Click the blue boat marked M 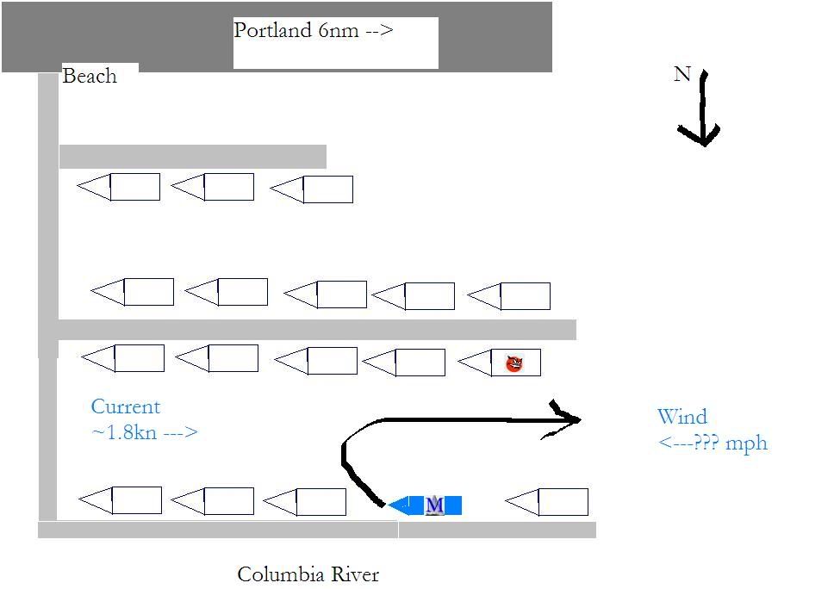pyautogui.click(x=426, y=505)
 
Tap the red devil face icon pyautogui.click(x=514, y=363)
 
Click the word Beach pyautogui.click(x=90, y=77)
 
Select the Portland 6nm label pyautogui.click(x=314, y=31)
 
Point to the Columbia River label pyautogui.click(x=308, y=574)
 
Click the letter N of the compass pyautogui.click(x=682, y=75)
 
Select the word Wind pyautogui.click(x=682, y=418)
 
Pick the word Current pyautogui.click(x=126, y=407)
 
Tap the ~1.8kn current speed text pyautogui.click(x=144, y=432)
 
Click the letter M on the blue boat pyautogui.click(x=435, y=505)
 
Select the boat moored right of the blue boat pyautogui.click(x=548, y=501)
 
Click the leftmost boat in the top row pyautogui.click(x=120, y=187)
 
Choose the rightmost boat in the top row pyautogui.click(x=313, y=189)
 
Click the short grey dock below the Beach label pyautogui.click(x=192, y=157)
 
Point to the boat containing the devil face pyautogui.click(x=501, y=363)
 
